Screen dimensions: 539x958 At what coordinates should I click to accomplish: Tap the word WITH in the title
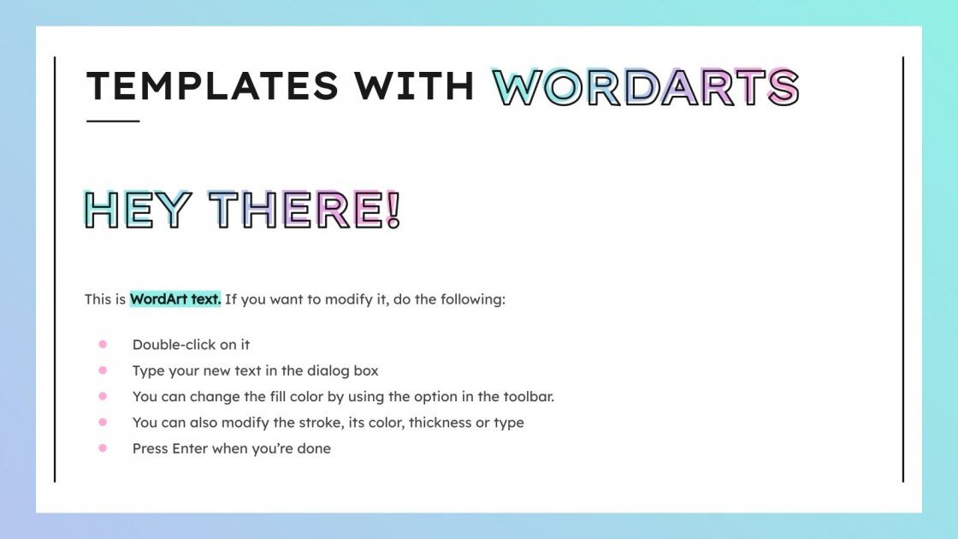tap(416, 86)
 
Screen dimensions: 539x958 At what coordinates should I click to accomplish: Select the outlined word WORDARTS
tap(646, 86)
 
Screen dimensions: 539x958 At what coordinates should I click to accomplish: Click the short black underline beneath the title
tap(113, 121)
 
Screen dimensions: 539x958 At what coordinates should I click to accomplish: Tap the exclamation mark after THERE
tap(393, 210)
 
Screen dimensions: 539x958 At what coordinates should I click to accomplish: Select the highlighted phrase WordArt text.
tap(175, 299)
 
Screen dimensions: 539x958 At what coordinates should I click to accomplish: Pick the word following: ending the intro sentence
tap(473, 299)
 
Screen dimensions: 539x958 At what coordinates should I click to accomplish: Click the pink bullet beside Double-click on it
tap(103, 344)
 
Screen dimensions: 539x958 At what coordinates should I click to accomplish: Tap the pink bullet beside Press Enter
tap(103, 447)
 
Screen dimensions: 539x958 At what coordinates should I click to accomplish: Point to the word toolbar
tap(529, 396)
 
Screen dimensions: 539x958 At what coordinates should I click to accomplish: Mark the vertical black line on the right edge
tap(903, 269)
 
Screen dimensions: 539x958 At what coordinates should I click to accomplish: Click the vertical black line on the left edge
tap(55, 269)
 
